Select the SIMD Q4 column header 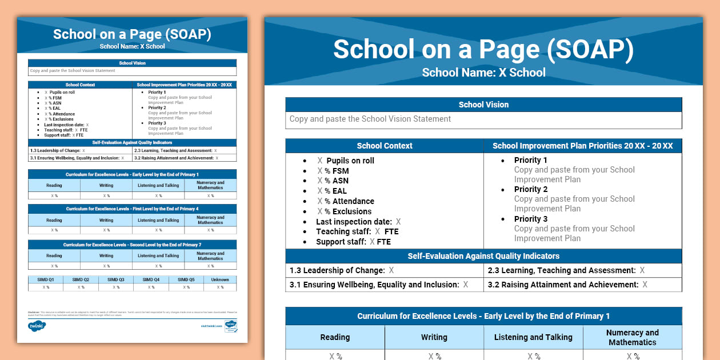tap(151, 280)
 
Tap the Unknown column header tap(220, 280)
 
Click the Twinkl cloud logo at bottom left tap(37, 326)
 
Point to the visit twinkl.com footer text tap(211, 326)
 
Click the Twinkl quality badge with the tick tap(231, 326)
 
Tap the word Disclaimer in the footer tap(33, 312)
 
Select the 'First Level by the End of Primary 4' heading tap(132, 209)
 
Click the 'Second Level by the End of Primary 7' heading tap(132, 245)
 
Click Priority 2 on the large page tap(531, 189)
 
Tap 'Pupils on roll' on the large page tap(350, 161)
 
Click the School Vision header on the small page tap(132, 63)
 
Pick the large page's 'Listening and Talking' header tap(534, 337)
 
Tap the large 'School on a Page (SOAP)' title tap(483, 50)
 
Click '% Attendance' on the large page tap(349, 201)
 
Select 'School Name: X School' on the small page tap(132, 46)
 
